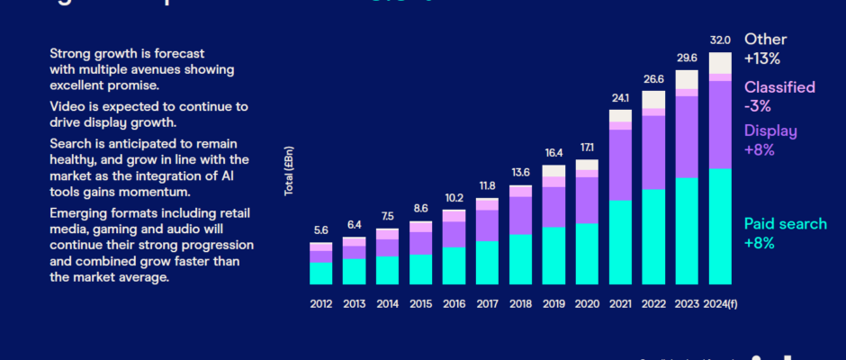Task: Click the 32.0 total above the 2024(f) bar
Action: pyautogui.click(x=720, y=40)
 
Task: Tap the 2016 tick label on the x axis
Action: pyautogui.click(x=454, y=304)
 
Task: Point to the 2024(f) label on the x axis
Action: pyautogui.click(x=721, y=304)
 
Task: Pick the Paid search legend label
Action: pyautogui.click(x=785, y=224)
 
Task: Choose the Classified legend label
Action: pyautogui.click(x=779, y=87)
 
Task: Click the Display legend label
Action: pyautogui.click(x=770, y=131)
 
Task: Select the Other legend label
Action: pyautogui.click(x=765, y=40)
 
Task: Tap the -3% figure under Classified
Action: pyautogui.click(x=758, y=105)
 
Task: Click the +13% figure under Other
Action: pyautogui.click(x=761, y=58)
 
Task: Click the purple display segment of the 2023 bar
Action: pyautogui.click(x=687, y=135)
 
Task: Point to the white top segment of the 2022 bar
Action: pyautogui.click(x=653, y=99)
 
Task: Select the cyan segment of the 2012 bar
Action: pyautogui.click(x=321, y=273)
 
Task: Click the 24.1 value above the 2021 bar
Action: pyautogui.click(x=621, y=98)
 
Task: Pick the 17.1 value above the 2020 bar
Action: pyautogui.click(x=587, y=148)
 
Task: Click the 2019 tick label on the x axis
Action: pyautogui.click(x=553, y=304)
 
